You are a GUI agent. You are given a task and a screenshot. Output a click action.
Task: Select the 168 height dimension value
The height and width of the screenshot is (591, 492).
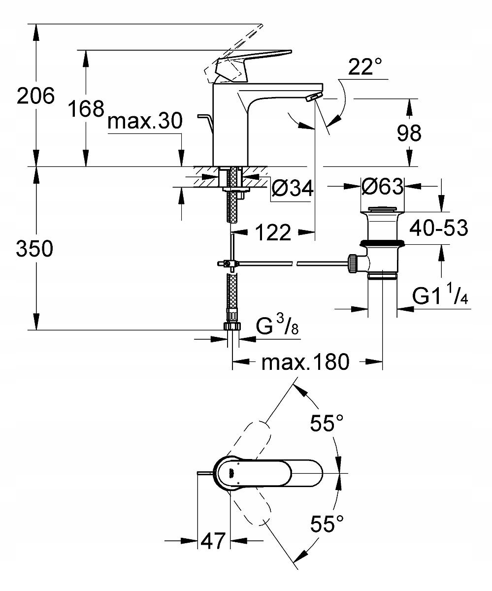pyautogui.click(x=86, y=108)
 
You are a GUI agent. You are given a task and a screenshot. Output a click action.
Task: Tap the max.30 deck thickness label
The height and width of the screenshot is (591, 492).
pyautogui.click(x=145, y=121)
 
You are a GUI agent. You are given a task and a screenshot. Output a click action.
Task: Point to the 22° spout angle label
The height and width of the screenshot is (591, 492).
pyautogui.click(x=365, y=67)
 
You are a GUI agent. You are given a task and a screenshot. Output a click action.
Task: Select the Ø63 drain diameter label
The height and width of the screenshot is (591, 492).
pyautogui.click(x=382, y=187)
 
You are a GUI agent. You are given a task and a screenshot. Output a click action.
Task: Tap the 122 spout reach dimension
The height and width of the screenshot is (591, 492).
pyautogui.click(x=273, y=232)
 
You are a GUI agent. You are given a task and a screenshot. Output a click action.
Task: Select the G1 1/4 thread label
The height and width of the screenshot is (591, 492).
pyautogui.click(x=440, y=296)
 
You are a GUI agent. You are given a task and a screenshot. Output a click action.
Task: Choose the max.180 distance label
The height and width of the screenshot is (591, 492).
pyautogui.click(x=305, y=362)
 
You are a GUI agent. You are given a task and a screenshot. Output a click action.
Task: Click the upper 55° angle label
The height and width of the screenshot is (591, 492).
pyautogui.click(x=326, y=423)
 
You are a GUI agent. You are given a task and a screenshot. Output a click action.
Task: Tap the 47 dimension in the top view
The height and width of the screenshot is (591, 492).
pyautogui.click(x=214, y=541)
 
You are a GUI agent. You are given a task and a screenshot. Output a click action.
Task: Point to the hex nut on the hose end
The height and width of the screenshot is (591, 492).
pyautogui.click(x=232, y=326)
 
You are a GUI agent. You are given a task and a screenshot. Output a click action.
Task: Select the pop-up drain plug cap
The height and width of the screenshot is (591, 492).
pyautogui.click(x=383, y=210)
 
